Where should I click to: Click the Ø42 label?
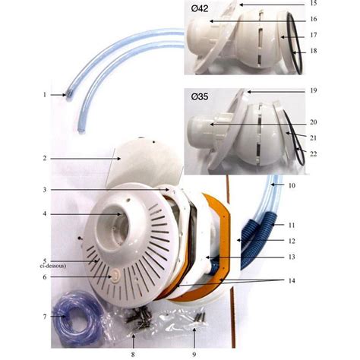(x=200, y=8)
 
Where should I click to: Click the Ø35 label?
(x=200, y=96)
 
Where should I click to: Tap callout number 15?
(x=314, y=3)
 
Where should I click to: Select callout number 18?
(x=314, y=51)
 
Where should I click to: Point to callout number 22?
(x=314, y=154)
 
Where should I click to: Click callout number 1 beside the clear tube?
(x=45, y=95)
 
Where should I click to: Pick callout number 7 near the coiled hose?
(x=45, y=317)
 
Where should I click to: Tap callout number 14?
(x=292, y=281)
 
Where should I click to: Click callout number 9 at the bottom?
(x=194, y=355)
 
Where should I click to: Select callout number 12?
(x=292, y=241)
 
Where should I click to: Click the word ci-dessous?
(x=54, y=266)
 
